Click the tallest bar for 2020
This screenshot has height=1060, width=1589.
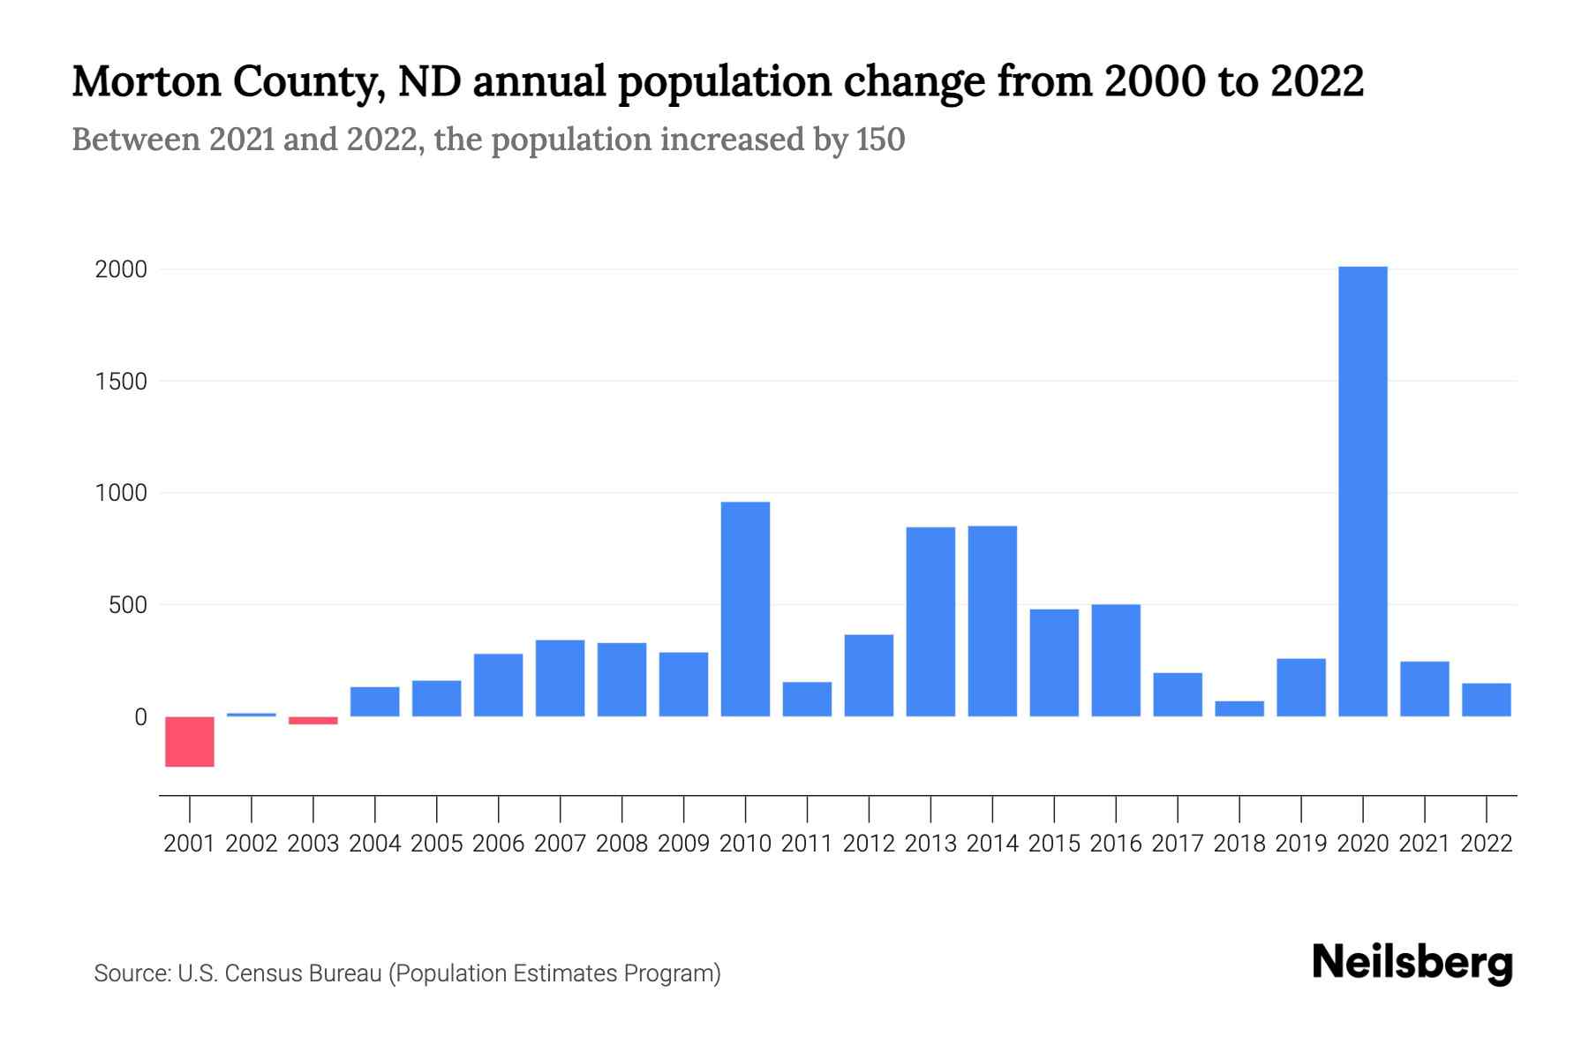tap(1362, 491)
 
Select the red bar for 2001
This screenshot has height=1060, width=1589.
tap(190, 741)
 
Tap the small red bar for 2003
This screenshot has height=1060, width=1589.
tap(313, 721)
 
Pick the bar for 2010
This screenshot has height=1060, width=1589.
tap(745, 609)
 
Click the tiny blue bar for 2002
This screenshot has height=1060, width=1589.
tap(252, 715)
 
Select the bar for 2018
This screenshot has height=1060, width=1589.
tap(1239, 708)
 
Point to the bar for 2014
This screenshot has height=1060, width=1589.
tap(992, 621)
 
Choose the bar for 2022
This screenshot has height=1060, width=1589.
tap(1486, 700)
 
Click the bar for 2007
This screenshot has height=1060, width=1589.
tap(560, 678)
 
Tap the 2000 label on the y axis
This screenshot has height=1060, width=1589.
tap(121, 269)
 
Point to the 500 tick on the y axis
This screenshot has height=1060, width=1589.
tap(128, 605)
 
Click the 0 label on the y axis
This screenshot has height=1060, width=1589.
tap(140, 717)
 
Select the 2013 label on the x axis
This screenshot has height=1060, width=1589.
tap(930, 844)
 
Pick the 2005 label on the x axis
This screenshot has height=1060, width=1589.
tap(437, 844)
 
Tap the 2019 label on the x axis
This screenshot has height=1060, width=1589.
tap(1300, 844)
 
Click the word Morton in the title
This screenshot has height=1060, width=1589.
tap(147, 82)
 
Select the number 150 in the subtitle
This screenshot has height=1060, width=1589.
tap(880, 140)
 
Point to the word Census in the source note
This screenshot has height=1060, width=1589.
tap(264, 973)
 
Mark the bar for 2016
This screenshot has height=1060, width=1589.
tap(1116, 660)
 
